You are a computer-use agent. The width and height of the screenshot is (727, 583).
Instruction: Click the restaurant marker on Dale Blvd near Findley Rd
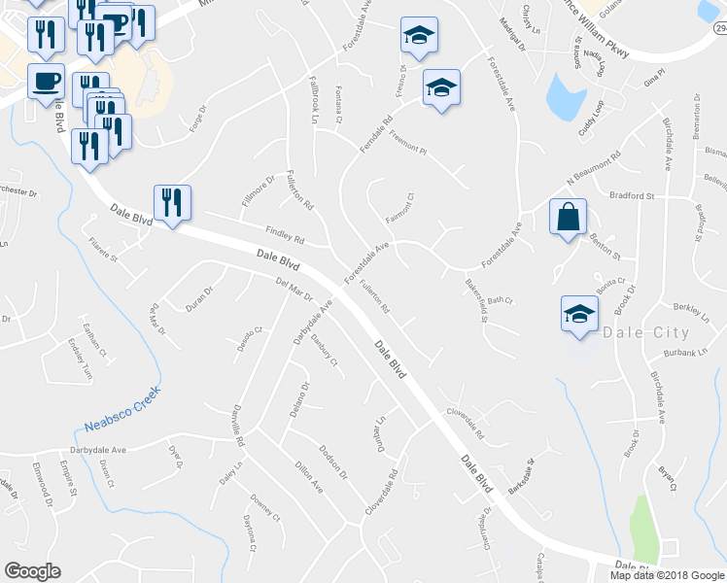tap(172, 203)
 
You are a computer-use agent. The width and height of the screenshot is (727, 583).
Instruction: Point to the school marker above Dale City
tap(579, 315)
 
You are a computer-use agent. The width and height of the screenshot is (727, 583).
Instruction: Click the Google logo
tap(32, 571)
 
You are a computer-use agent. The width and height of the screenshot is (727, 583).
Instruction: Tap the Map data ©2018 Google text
tap(666, 575)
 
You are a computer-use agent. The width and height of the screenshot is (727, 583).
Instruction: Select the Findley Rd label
tap(285, 234)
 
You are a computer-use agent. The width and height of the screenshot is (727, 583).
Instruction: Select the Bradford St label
tap(632, 195)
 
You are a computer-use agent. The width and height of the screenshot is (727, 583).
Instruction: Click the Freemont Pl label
tap(406, 150)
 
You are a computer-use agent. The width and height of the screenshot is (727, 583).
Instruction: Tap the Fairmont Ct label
tap(400, 207)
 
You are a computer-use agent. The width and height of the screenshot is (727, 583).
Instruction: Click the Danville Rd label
tap(239, 427)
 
